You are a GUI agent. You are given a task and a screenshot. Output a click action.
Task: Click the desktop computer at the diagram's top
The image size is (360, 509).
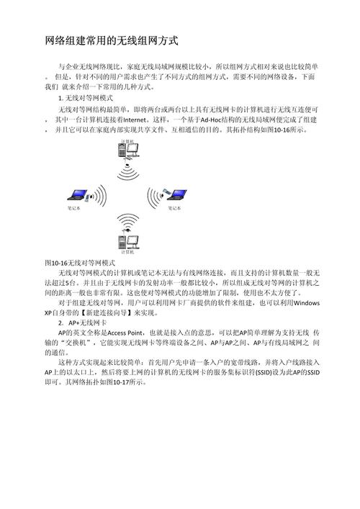point(128,153)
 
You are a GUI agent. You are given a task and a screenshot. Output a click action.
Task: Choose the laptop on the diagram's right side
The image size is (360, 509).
point(173,196)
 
